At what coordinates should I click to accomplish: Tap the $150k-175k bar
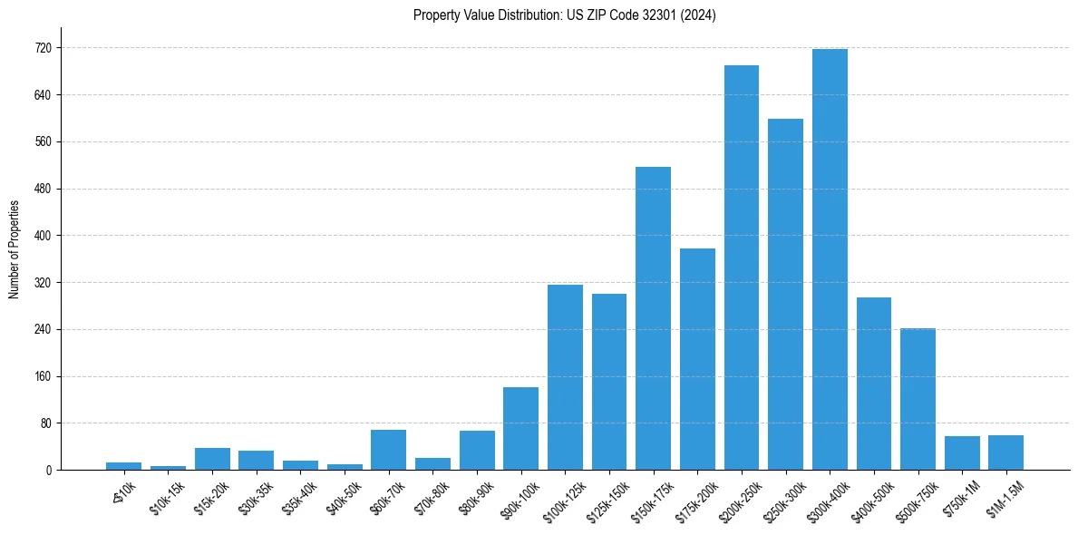tap(653, 318)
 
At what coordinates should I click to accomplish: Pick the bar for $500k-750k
tap(918, 399)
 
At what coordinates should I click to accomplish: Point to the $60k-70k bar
tap(388, 450)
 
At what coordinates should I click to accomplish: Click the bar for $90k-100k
tap(520, 428)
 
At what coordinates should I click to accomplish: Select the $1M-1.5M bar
tap(1005, 452)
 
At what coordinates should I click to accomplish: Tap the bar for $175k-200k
tap(697, 359)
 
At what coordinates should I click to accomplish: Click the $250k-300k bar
tap(785, 294)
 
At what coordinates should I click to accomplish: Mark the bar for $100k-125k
tap(565, 377)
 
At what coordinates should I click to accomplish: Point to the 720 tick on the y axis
tap(44, 48)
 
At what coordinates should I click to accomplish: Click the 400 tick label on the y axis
tap(44, 236)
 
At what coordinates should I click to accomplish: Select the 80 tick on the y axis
tap(46, 423)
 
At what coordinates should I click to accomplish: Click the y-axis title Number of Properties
tap(14, 248)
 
